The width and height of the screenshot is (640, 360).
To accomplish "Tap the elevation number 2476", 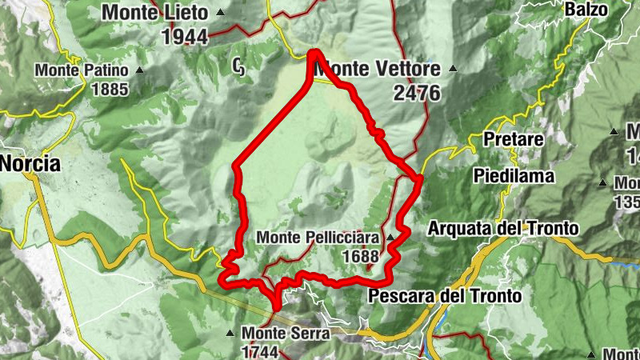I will (417, 93).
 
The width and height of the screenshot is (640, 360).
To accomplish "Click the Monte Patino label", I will (82, 70).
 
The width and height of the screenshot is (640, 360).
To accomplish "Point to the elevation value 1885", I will (110, 89).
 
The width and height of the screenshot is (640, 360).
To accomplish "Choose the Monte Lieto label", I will (155, 13).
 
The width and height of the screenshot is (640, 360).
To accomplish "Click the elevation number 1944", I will (184, 36).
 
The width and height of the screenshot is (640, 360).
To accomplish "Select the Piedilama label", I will (511, 174).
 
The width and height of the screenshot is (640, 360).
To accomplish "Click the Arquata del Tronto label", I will (502, 229).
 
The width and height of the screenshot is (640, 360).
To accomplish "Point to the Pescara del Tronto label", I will (445, 296).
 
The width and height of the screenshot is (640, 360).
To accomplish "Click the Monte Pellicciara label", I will (318, 238).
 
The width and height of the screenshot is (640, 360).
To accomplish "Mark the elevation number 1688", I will (359, 257).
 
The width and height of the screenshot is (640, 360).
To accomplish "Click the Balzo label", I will (586, 10).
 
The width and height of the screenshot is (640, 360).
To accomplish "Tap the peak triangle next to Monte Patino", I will (140, 70).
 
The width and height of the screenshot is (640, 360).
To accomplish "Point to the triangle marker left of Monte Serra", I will (231, 333).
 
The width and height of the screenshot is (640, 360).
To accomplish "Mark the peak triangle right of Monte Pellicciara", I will (390, 238).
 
